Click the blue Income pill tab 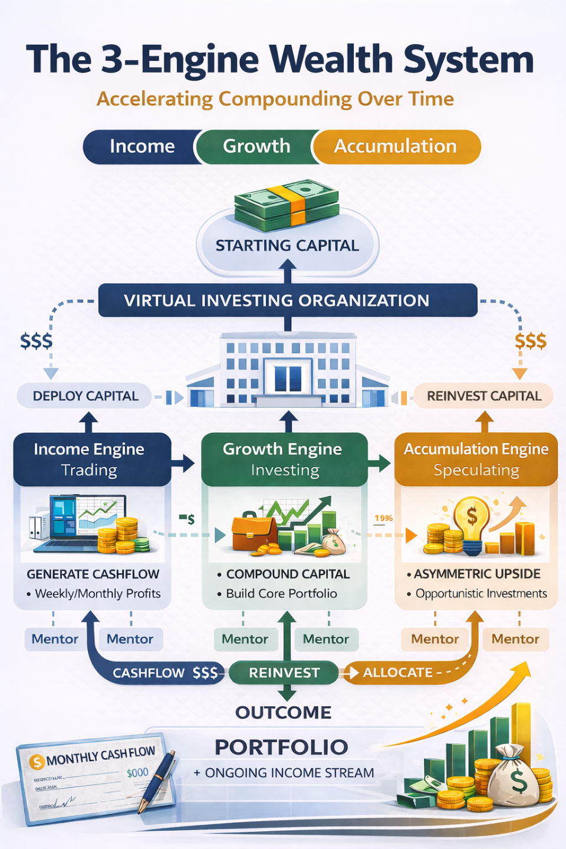pyautogui.click(x=141, y=146)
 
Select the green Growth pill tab pyautogui.click(x=256, y=146)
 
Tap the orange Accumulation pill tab pyautogui.click(x=396, y=146)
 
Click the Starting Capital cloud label pyautogui.click(x=287, y=246)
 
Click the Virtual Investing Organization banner pyautogui.click(x=288, y=301)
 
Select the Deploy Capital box pyautogui.click(x=85, y=396)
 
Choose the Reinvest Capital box pyautogui.click(x=483, y=396)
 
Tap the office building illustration pyautogui.click(x=288, y=371)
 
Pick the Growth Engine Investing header pyautogui.click(x=284, y=459)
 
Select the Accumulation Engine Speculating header pyautogui.click(x=476, y=459)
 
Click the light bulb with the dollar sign pyautogui.click(x=471, y=522)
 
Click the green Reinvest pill pyautogui.click(x=284, y=673)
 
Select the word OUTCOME pyautogui.click(x=284, y=712)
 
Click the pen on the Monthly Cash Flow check pyautogui.click(x=157, y=781)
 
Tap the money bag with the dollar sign pyautogui.click(x=514, y=777)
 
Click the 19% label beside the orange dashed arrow pyautogui.click(x=383, y=518)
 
